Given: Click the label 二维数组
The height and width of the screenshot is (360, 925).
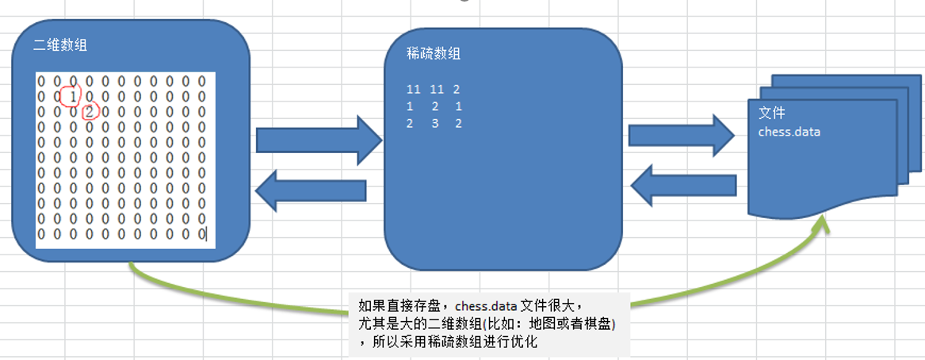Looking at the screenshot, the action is coord(61,45).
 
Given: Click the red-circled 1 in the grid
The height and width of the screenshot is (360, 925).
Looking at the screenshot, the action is coord(72,96).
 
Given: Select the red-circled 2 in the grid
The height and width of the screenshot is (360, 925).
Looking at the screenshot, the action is coord(89,111).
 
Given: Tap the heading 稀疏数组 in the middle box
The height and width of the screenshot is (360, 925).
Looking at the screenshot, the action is coord(433,54).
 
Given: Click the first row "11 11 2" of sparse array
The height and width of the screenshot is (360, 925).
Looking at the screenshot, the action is coord(433,90).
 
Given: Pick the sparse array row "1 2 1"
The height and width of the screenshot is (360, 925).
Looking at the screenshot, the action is coord(433,106).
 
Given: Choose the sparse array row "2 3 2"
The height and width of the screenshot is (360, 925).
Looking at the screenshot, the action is coord(433,123).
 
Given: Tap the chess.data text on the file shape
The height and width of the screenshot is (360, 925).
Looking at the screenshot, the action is coord(789,132).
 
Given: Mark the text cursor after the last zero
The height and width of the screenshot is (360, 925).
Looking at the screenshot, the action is coord(207,234).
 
